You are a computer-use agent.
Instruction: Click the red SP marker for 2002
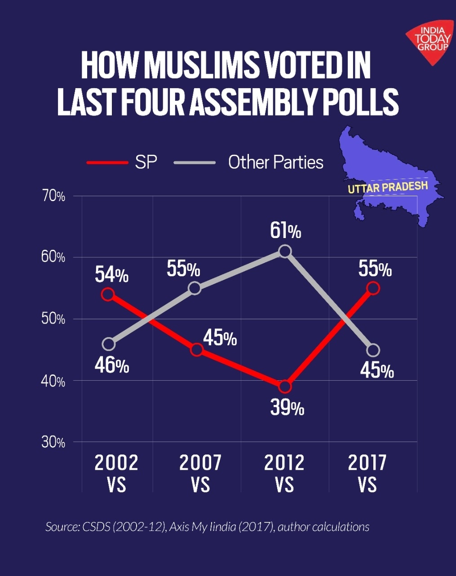108,294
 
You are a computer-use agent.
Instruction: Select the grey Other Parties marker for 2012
285,251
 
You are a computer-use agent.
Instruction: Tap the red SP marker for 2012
285,387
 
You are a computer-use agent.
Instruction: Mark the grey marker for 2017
373,350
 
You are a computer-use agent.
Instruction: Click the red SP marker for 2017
373,288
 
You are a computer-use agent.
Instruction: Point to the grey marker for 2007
195,288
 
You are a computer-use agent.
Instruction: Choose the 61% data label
286,231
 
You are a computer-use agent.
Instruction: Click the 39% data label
287,408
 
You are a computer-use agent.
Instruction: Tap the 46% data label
112,365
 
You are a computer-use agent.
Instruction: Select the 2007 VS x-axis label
200,473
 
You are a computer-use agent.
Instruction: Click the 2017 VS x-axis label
367,473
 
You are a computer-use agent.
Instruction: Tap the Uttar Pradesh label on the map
388,186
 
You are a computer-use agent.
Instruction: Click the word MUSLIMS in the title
201,65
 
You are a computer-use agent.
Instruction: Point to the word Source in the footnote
62,526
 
